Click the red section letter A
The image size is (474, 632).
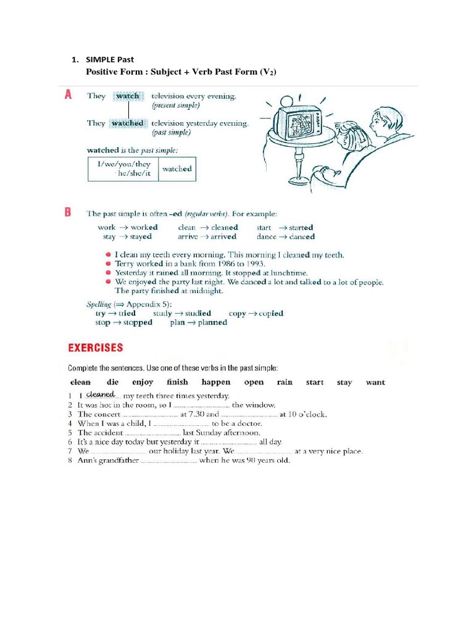click(x=69, y=94)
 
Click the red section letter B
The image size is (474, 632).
click(x=68, y=212)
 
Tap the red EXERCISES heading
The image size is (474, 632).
click(x=95, y=347)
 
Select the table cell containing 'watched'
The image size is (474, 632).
click(x=177, y=169)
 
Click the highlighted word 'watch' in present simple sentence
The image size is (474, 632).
click(x=128, y=96)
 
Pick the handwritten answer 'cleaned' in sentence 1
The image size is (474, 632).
click(x=101, y=394)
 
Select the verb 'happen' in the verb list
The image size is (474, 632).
click(x=215, y=382)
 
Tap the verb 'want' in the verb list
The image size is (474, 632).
click(x=375, y=382)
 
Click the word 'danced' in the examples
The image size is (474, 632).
click(x=302, y=236)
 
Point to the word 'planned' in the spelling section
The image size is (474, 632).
click(x=212, y=322)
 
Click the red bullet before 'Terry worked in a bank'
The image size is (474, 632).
click(x=109, y=264)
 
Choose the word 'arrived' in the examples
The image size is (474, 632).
click(x=223, y=236)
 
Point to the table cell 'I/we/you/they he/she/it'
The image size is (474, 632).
click(x=124, y=169)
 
